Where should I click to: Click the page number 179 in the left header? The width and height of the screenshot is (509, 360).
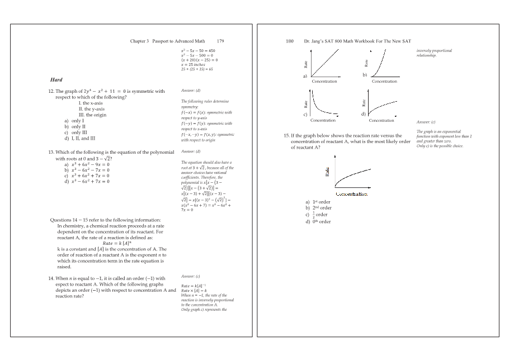[x=220, y=41]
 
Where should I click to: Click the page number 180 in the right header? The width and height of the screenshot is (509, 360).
[x=290, y=41]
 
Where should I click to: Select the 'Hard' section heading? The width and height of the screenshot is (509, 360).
[x=56, y=80]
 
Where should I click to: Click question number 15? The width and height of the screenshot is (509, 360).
[x=288, y=136]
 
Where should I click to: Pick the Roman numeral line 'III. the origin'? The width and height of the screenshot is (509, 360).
[x=93, y=115]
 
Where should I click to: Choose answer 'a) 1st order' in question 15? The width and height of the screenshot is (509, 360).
[x=318, y=202]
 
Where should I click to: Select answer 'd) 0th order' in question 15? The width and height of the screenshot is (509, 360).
[x=318, y=221]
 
